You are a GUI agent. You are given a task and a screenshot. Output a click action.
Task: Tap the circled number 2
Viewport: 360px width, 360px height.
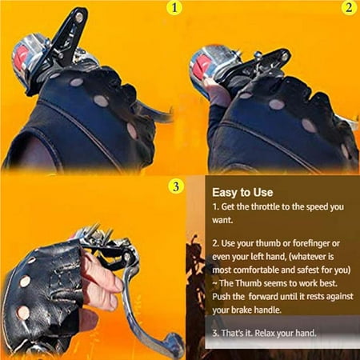(349, 10)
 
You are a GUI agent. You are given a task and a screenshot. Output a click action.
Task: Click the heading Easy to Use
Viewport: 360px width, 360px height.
(242, 192)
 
